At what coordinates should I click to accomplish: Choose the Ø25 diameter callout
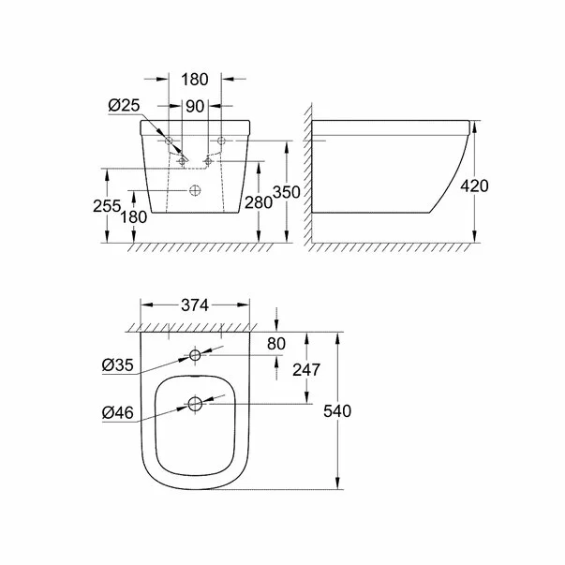click(x=123, y=106)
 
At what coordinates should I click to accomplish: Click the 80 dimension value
click(x=275, y=343)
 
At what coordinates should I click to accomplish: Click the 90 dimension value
click(x=194, y=106)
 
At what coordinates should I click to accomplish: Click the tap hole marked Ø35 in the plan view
click(x=195, y=355)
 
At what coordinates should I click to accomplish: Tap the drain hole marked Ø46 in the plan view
click(x=195, y=404)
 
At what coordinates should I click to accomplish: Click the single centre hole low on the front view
click(x=195, y=192)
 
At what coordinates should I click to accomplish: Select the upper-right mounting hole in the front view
click(x=221, y=141)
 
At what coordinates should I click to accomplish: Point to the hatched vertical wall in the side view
click(x=305, y=178)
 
